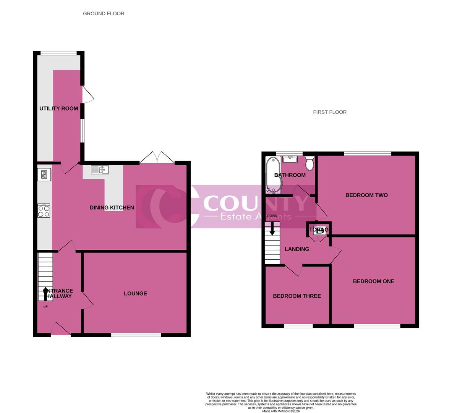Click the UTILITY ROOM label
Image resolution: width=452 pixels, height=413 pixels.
(58, 109)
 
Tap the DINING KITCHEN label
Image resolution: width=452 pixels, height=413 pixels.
(112, 208)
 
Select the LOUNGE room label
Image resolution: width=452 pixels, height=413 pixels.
(135, 294)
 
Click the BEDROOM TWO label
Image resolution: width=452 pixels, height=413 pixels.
(366, 195)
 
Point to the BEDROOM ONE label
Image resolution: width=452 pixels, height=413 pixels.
(373, 281)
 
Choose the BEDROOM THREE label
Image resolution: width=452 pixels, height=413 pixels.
(296, 296)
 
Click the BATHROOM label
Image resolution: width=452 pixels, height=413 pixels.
(290, 175)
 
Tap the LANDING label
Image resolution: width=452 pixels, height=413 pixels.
(296, 249)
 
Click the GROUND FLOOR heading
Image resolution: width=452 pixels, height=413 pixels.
(104, 14)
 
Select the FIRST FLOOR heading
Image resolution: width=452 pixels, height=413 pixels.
(329, 112)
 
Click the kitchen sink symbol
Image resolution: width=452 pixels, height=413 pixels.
(100, 169)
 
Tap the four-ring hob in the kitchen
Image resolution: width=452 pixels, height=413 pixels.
(44, 211)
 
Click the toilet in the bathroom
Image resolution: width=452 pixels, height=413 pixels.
(309, 163)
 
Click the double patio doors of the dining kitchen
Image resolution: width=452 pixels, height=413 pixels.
(157, 158)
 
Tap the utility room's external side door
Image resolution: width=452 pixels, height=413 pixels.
(87, 94)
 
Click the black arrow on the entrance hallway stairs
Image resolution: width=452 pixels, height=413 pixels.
(45, 293)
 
